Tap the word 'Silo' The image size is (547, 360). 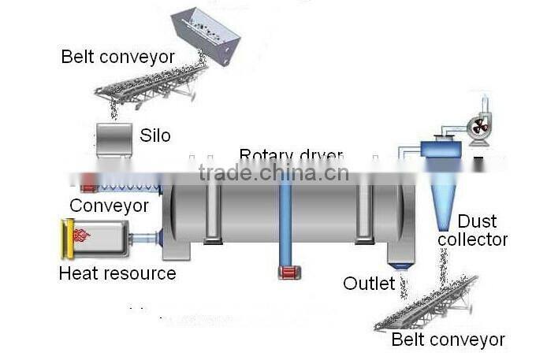pyautogui.click(x=156, y=135)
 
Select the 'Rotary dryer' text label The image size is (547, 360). pyautogui.click(x=291, y=155)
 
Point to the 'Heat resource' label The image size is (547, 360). pyautogui.click(x=117, y=273)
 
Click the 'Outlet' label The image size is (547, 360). pyautogui.click(x=369, y=283)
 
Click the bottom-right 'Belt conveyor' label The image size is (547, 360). pyautogui.click(x=448, y=340)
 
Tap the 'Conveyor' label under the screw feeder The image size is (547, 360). pyautogui.click(x=109, y=206)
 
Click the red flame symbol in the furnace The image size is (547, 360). pyautogui.click(x=81, y=235)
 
